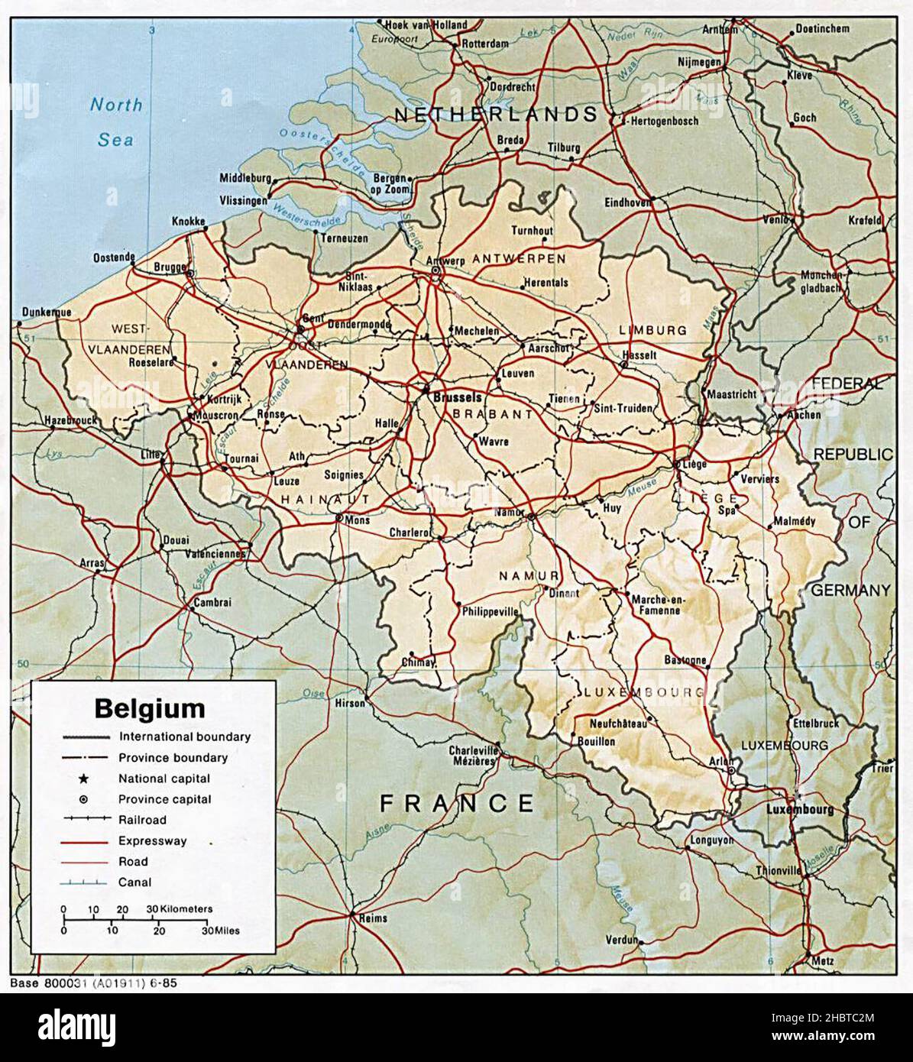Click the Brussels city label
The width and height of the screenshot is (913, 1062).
point(457,397)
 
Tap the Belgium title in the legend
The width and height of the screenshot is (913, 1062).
point(150,708)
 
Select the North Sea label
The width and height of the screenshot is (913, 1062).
point(116,121)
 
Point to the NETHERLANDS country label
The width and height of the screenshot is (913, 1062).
point(496,115)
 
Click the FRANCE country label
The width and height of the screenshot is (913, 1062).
point(457,803)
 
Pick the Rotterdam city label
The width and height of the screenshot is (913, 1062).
point(485,44)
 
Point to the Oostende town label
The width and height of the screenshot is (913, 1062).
point(114,257)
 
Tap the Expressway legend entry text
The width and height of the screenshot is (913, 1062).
point(153,841)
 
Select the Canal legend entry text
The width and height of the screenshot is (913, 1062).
point(134,882)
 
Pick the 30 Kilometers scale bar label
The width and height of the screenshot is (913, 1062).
point(180,909)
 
